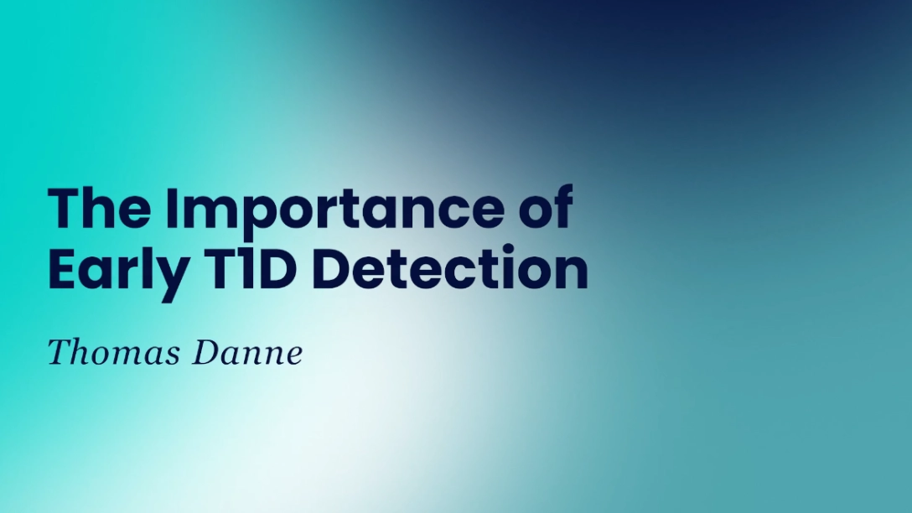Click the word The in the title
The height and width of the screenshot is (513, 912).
100,208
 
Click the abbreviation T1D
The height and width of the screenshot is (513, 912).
251,269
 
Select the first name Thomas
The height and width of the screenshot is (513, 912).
113,352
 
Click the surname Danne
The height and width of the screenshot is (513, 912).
248,352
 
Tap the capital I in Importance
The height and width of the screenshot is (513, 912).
171,208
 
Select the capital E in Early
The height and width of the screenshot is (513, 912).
62,269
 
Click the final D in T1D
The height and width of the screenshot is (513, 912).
277,269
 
